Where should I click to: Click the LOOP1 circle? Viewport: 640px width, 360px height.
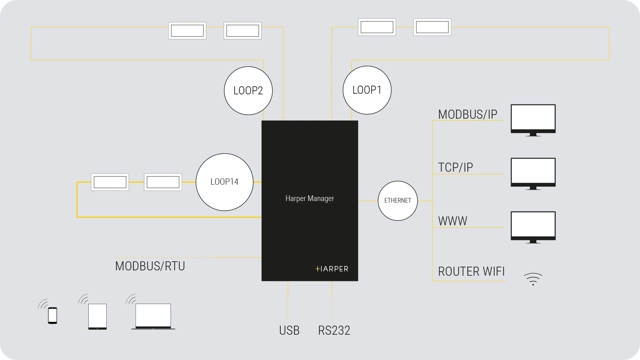tap(367, 90)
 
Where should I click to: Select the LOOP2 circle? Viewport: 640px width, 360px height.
tap(248, 91)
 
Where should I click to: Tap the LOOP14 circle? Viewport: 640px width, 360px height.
tap(225, 182)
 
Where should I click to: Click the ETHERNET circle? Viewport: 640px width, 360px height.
tap(398, 201)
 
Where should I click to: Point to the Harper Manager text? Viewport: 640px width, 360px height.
tap(310, 199)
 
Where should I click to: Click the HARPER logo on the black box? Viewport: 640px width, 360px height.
tap(332, 269)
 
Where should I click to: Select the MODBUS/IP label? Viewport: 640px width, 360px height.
tap(468, 114)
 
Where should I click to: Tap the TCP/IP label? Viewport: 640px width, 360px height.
tap(455, 167)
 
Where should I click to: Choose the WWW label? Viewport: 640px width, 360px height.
tap(453, 221)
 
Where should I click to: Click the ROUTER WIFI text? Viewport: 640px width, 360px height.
tap(471, 272)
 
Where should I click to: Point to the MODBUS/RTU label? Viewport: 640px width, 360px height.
tap(150, 266)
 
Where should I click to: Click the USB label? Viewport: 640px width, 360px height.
tap(289, 331)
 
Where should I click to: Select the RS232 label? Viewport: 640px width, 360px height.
tap(334, 331)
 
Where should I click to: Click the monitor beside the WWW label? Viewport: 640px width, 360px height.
tap(533, 227)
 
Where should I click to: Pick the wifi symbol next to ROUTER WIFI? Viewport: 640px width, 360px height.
tap(533, 279)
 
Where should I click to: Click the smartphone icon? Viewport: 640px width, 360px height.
tap(52, 315)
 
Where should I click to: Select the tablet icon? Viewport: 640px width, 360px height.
tap(97, 316)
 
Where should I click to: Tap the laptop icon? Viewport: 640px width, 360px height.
tap(153, 316)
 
